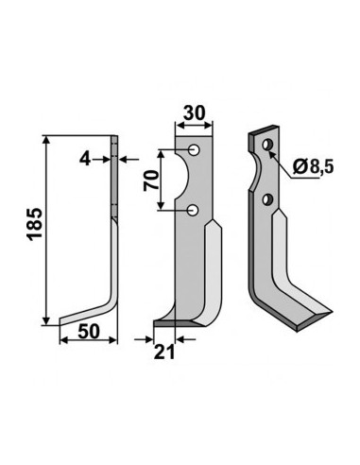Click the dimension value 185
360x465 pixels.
(35, 224)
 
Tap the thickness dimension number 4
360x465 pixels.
(85, 159)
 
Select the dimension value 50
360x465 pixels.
(89, 331)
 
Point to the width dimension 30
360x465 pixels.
(195, 113)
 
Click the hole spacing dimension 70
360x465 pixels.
(151, 181)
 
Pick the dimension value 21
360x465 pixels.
(164, 352)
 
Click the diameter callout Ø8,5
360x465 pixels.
(313, 166)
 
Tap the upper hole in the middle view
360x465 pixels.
(195, 150)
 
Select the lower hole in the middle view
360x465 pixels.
(192, 210)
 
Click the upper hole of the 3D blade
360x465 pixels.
(268, 145)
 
